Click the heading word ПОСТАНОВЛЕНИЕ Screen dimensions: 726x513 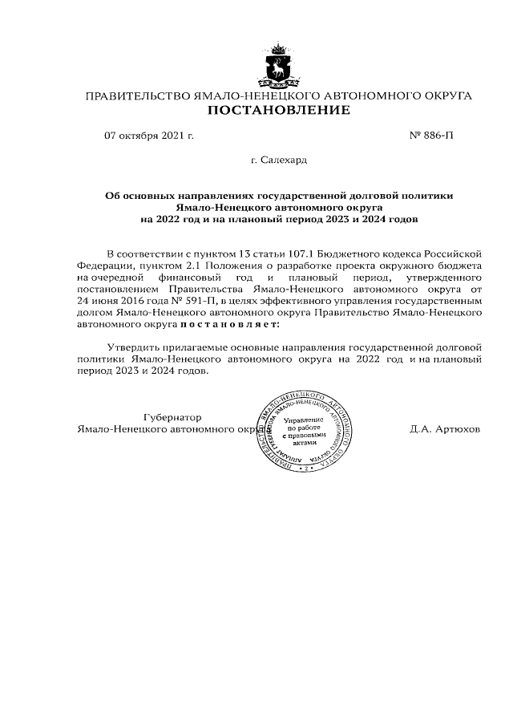coord(278,110)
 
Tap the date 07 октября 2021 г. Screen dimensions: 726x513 coord(149,136)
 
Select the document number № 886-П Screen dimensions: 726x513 coord(431,136)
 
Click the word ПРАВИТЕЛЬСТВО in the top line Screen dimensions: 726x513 coord(138,96)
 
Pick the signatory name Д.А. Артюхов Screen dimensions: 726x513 coord(445,429)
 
